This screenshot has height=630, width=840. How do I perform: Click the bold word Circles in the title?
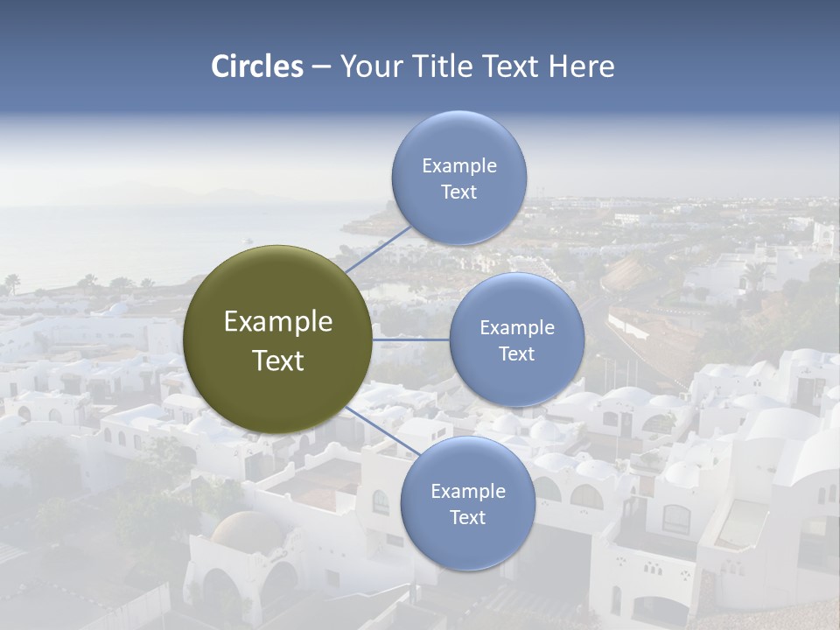coord(257,66)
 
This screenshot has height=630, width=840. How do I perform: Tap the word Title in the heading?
coord(440,66)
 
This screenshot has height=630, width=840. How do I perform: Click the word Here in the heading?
coord(581,66)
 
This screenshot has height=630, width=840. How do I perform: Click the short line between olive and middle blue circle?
coord(410,339)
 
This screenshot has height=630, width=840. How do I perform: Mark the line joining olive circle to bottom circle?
coord(382,430)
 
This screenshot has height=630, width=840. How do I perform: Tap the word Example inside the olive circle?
coord(278,322)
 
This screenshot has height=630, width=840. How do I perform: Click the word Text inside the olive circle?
coord(278,360)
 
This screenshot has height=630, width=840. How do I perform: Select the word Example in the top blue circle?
coord(458,166)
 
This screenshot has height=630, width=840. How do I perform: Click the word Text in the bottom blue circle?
coord(467,518)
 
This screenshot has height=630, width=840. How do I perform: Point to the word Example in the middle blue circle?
coord(516,328)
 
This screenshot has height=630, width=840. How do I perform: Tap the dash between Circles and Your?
coord(321,67)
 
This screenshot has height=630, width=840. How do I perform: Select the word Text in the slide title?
coord(512,66)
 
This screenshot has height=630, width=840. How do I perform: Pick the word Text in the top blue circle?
coord(458,192)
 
